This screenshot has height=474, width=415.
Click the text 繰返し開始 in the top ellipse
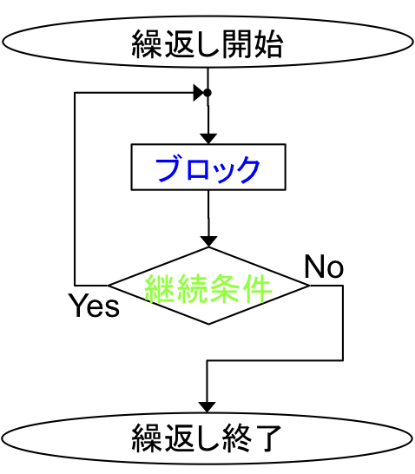pyautogui.click(x=207, y=44)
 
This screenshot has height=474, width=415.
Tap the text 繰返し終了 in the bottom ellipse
pyautogui.click(x=207, y=438)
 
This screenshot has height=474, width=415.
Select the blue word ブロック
pyautogui.click(x=207, y=168)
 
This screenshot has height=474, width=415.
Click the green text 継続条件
pyautogui.click(x=208, y=288)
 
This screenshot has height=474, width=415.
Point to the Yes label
pyautogui.click(x=94, y=306)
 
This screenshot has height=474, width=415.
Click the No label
pyautogui.click(x=324, y=267)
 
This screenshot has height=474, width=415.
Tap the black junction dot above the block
pyautogui.click(x=207, y=93)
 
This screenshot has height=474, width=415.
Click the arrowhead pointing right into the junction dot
pyautogui.click(x=198, y=93)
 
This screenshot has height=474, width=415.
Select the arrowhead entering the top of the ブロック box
pyautogui.click(x=208, y=139)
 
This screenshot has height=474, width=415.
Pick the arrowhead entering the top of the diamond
pyautogui.click(x=209, y=242)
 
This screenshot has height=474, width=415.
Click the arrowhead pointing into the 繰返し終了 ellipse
pyautogui.click(x=207, y=407)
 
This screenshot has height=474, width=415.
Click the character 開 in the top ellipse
pyautogui.click(x=238, y=44)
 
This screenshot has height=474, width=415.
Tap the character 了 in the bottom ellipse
pyautogui.click(x=267, y=438)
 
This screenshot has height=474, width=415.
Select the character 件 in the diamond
pyautogui.click(x=258, y=288)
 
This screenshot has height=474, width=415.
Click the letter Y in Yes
pyautogui.click(x=78, y=305)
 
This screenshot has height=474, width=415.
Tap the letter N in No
pyautogui.click(x=313, y=266)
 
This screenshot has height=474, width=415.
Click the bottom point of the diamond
pyautogui.click(x=209, y=325)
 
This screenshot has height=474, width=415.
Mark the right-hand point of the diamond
pyautogui.click(x=309, y=286)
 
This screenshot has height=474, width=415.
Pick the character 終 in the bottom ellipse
pyautogui.click(x=237, y=438)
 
